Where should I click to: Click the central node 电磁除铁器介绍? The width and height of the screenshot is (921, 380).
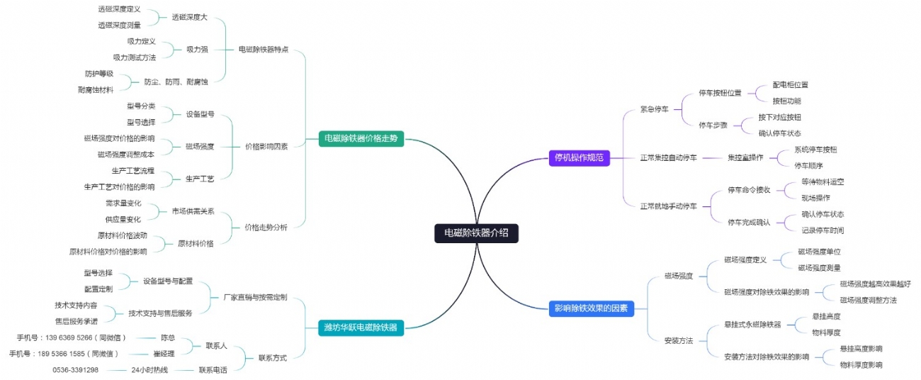(476, 233)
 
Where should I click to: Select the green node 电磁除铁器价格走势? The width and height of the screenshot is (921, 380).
(361, 139)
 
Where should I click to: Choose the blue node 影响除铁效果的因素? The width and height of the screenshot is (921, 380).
(591, 308)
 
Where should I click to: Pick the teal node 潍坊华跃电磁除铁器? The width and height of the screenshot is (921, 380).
(361, 327)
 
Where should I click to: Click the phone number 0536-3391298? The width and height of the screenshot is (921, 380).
(75, 370)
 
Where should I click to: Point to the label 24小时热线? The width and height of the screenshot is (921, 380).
(149, 370)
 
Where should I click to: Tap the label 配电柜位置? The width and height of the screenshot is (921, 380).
(790, 84)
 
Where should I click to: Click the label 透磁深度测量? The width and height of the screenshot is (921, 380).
(119, 25)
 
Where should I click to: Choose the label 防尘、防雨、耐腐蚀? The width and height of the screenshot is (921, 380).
(176, 82)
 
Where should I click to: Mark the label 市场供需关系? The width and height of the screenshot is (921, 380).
(193, 211)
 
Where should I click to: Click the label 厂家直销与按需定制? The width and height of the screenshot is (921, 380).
(255, 297)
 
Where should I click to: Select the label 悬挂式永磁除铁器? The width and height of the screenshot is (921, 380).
(752, 324)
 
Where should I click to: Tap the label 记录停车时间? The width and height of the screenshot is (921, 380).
(823, 230)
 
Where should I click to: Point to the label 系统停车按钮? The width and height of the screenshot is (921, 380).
(815, 150)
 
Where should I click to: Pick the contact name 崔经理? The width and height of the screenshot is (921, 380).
(165, 354)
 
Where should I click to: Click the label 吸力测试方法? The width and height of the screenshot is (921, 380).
(134, 57)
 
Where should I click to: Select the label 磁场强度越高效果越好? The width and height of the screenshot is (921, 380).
(876, 284)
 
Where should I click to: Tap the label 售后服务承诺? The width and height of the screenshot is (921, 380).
(77, 321)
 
